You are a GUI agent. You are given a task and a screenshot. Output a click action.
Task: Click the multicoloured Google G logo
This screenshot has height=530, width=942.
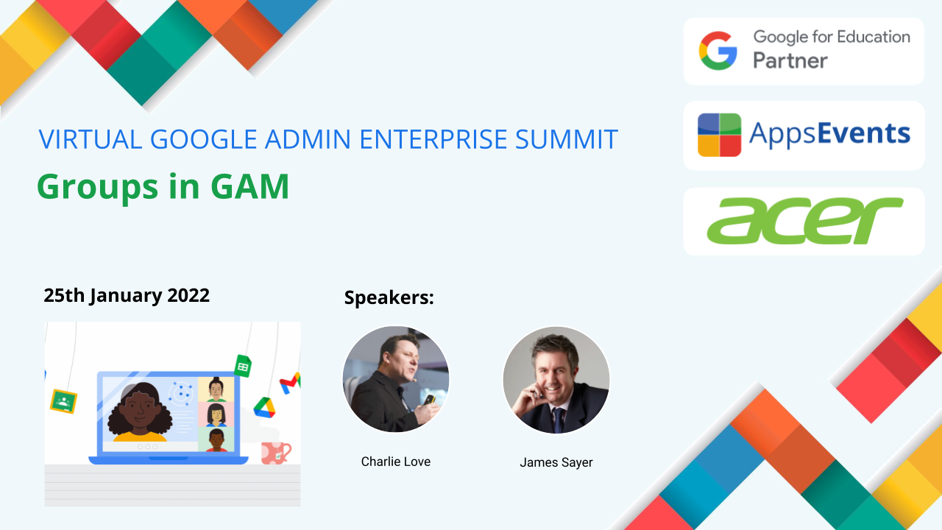tap(718, 51)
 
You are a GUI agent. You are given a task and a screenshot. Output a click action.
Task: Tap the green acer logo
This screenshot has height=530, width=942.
tap(804, 220)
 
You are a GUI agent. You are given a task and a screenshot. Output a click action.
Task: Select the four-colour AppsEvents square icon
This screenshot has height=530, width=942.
tap(719, 135)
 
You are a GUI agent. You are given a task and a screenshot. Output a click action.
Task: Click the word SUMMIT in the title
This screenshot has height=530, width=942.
tap(567, 139)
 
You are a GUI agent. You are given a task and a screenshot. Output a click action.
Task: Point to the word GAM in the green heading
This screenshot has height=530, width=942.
tap(249, 186)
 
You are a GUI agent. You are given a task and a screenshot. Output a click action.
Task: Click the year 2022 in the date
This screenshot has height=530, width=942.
tap(188, 295)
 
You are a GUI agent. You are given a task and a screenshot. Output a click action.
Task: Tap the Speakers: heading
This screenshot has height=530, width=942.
tap(389, 297)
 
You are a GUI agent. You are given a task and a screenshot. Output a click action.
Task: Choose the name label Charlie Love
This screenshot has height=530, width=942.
tap(396, 462)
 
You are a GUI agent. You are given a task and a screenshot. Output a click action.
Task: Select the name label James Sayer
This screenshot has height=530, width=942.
tap(556, 462)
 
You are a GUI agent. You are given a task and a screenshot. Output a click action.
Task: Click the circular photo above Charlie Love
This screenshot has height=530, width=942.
tap(396, 379)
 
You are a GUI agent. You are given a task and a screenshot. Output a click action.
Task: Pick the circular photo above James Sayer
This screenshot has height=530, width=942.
tap(556, 380)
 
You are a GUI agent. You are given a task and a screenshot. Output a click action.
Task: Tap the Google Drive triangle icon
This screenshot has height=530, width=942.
tap(264, 408)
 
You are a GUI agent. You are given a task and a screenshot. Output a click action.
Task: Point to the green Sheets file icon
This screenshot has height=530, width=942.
tap(243, 366)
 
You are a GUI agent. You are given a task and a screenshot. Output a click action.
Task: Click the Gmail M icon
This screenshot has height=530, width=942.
tap(290, 383)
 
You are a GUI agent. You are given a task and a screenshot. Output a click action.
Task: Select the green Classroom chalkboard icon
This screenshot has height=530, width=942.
tap(63, 401)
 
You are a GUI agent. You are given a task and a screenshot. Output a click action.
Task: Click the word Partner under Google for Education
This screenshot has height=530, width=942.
tap(790, 60)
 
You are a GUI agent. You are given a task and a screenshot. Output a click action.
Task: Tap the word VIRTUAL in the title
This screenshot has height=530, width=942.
tap(91, 139)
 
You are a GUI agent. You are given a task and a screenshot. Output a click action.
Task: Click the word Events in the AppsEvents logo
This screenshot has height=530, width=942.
tap(864, 133)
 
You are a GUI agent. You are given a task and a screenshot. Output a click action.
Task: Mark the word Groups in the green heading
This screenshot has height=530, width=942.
tap(98, 187)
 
